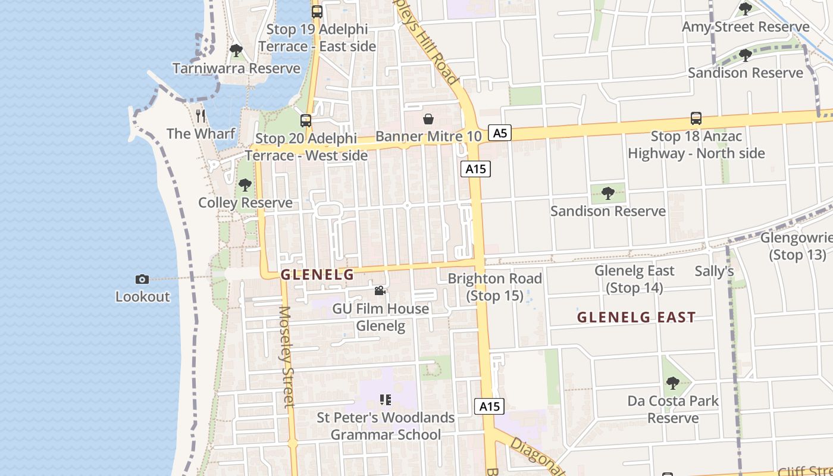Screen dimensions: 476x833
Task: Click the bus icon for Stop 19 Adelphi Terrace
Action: click(317, 11)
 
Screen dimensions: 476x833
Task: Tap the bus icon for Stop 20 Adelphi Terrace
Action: click(306, 121)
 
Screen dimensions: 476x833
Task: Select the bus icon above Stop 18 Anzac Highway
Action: click(696, 118)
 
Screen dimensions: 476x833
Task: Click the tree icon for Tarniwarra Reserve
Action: click(236, 51)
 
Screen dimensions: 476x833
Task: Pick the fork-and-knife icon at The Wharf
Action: click(201, 116)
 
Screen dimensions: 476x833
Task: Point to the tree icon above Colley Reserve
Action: click(245, 185)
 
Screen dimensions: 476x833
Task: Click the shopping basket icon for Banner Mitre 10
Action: click(428, 119)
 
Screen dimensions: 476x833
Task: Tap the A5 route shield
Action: click(500, 133)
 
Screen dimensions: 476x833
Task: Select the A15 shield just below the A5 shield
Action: click(475, 169)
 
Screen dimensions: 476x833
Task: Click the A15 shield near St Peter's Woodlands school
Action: click(489, 406)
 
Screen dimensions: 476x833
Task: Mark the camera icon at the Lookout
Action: click(142, 279)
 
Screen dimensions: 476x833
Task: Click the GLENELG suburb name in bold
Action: click(317, 275)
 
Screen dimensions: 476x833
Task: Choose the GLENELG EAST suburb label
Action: click(636, 318)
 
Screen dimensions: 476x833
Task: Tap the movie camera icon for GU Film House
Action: click(380, 291)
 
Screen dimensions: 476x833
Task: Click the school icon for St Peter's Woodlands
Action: click(386, 400)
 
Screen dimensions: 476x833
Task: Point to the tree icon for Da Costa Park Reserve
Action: click(673, 383)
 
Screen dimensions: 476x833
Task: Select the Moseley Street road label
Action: click(287, 357)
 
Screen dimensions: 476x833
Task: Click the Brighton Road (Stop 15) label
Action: click(494, 287)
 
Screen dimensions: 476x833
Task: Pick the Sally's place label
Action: click(714, 271)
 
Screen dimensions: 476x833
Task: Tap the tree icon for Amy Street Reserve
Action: click(745, 9)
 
